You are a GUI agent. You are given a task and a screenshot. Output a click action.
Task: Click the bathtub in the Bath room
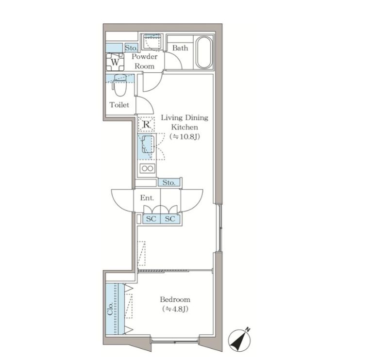click(204, 52)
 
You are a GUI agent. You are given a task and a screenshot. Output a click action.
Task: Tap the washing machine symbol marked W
click(115, 62)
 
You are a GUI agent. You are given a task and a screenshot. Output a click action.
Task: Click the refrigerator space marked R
click(146, 124)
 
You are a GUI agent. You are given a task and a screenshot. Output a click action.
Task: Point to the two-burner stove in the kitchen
click(148, 168)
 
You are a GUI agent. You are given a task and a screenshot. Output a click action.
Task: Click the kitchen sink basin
click(148, 144)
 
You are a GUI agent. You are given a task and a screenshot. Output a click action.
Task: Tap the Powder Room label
click(145, 61)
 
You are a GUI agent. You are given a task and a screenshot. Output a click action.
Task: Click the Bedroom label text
click(175, 299)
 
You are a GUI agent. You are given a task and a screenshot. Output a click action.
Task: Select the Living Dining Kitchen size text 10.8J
click(184, 137)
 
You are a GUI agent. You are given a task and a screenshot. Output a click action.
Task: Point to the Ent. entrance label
click(147, 198)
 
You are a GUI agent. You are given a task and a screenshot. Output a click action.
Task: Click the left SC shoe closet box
click(151, 219)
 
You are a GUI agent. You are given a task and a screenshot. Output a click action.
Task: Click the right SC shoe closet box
click(170, 219)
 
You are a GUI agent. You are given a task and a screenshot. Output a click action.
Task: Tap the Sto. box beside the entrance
click(169, 182)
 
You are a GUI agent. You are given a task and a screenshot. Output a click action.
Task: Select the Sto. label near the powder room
click(131, 48)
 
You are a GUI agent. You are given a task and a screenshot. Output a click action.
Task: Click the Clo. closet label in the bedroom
click(110, 309)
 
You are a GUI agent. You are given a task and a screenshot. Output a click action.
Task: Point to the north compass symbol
click(239, 340)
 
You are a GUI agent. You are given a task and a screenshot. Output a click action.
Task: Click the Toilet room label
click(119, 105)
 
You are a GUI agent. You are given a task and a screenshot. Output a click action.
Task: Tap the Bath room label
click(180, 48)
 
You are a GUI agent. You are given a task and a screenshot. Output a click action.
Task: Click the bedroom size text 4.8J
click(175, 309)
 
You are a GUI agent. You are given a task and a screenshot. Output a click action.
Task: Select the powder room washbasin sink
click(151, 42)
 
